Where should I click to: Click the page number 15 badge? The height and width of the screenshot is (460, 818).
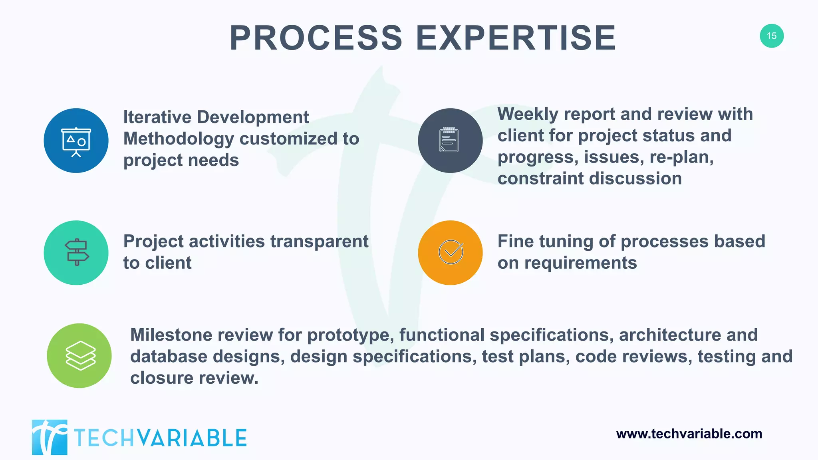771,36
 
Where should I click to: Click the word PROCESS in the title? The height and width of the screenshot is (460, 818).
316,38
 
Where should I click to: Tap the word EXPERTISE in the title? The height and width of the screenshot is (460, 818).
516,38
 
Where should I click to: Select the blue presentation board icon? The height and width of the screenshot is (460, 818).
76,141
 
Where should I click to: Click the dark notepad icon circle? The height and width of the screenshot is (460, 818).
450,141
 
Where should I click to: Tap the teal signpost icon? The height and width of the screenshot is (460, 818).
76,252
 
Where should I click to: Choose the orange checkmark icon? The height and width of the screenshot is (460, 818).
450,252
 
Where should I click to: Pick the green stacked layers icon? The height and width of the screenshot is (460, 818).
79,355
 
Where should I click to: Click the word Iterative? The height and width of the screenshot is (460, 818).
157,117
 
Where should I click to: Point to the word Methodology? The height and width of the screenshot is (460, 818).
179,139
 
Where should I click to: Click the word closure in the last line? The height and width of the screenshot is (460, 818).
161,378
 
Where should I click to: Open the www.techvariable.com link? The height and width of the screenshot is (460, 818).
689,434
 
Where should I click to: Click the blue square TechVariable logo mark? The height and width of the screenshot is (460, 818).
50,437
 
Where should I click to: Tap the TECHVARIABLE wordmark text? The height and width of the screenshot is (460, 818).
160,438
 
